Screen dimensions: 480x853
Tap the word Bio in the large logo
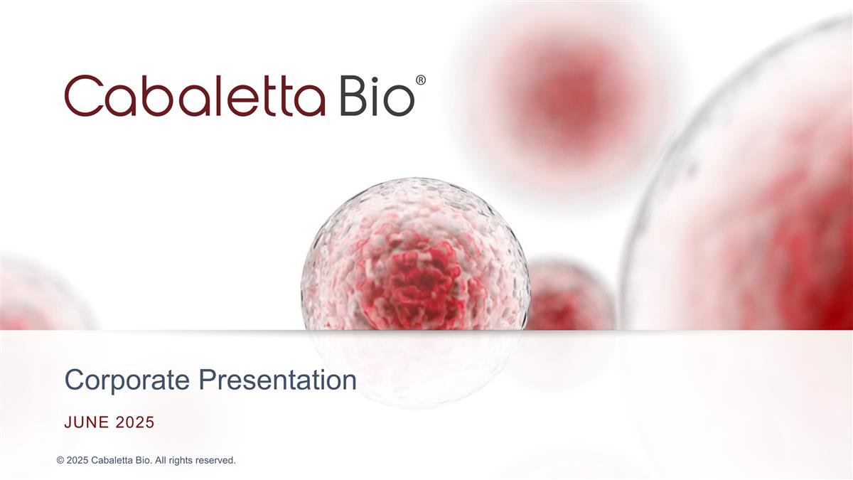click(x=377, y=97)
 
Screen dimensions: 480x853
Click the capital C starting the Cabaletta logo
click(x=83, y=97)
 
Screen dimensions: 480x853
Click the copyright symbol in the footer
click(x=60, y=461)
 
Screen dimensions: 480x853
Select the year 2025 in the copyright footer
click(x=78, y=461)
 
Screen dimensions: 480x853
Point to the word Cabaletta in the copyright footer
click(x=114, y=461)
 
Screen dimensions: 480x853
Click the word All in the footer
click(x=161, y=461)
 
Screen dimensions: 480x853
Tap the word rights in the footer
click(x=183, y=461)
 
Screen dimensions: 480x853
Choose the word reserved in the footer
click(x=216, y=461)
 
